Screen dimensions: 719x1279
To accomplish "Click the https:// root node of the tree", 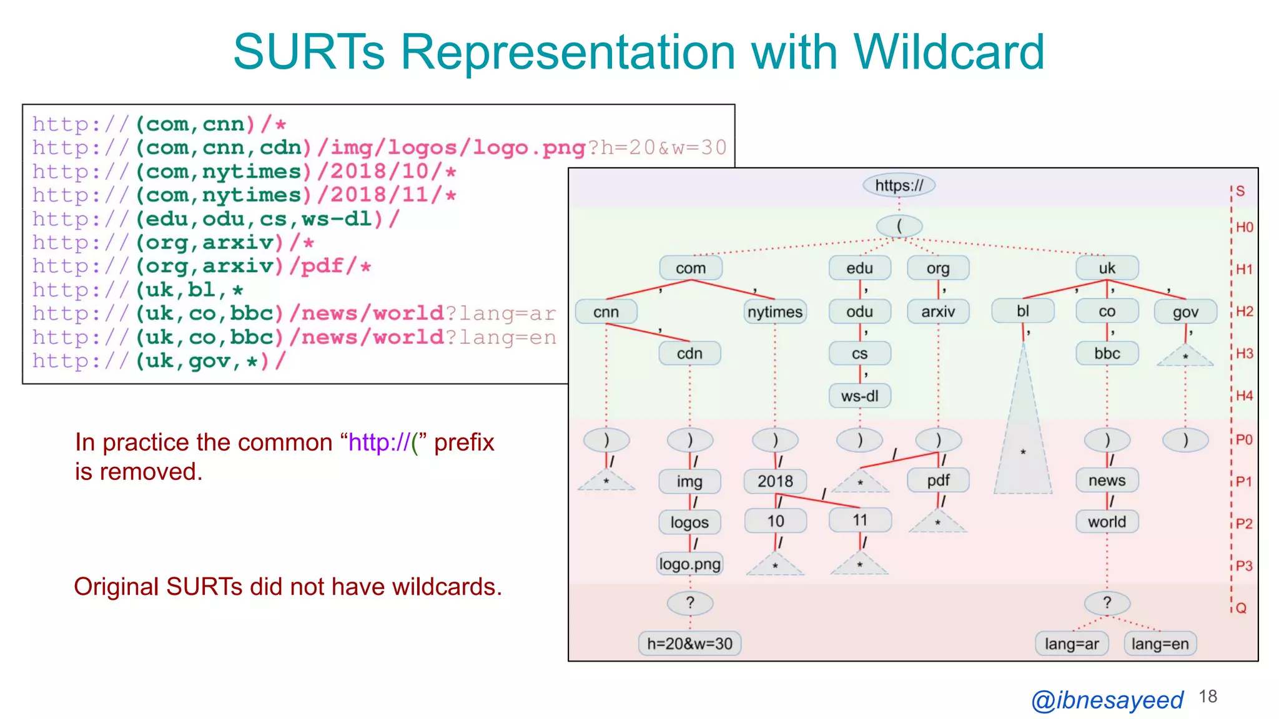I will (x=899, y=185).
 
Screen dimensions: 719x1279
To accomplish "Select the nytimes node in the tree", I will (x=775, y=311).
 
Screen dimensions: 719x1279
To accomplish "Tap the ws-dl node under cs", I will (x=859, y=396).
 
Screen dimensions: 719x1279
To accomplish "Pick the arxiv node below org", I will (x=938, y=311).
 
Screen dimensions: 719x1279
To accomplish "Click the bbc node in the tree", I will (x=1107, y=353).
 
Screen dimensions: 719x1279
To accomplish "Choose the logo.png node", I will (x=689, y=564).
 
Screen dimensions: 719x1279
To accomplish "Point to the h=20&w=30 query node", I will (x=689, y=643).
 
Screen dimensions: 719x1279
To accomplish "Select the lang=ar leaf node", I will (x=1072, y=643).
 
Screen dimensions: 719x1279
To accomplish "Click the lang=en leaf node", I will (x=1160, y=643).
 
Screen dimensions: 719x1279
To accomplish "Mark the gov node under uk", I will (x=1185, y=311).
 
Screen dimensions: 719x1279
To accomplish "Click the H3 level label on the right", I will (x=1244, y=353).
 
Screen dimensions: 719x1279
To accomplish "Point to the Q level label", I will (x=1241, y=608).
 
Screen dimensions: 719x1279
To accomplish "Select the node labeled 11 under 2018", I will (x=860, y=521).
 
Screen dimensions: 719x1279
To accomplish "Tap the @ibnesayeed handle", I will (x=1107, y=700).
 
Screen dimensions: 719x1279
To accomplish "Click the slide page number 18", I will (x=1208, y=697).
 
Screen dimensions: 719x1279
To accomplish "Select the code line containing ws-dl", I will (x=215, y=219).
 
